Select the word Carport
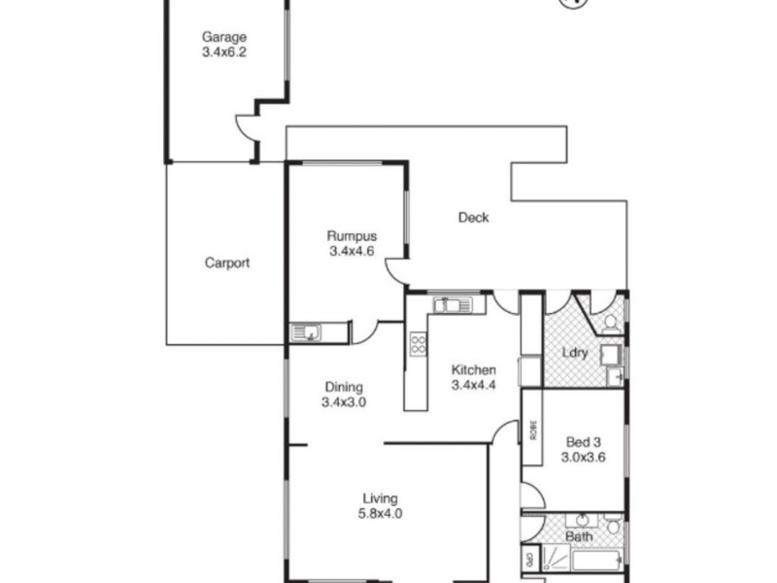point(227,262)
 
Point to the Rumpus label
point(351,236)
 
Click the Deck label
point(473,218)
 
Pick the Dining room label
point(343,386)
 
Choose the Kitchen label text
point(473,370)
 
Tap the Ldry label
point(575,353)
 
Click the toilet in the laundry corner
point(611,322)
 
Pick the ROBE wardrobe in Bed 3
point(531,428)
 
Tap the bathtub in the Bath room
point(596,561)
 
